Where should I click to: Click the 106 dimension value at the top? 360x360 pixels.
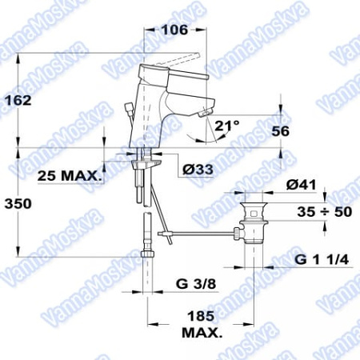pyautogui.click(x=174, y=30)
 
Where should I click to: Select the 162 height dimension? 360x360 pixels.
pyautogui.click(x=18, y=100)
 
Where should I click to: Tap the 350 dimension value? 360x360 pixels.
pyautogui.click(x=18, y=204)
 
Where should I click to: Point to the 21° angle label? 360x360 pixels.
pyautogui.click(x=227, y=125)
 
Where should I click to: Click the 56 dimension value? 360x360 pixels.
pyautogui.click(x=280, y=131)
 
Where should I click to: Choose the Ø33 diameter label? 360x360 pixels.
pyautogui.click(x=198, y=169)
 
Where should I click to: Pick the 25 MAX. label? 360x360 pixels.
pyautogui.click(x=70, y=176)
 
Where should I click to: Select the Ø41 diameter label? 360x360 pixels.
pyautogui.click(x=301, y=185)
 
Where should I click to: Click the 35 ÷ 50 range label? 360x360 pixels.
pyautogui.click(x=325, y=212)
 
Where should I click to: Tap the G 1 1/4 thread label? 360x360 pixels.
pyautogui.click(x=322, y=259)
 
